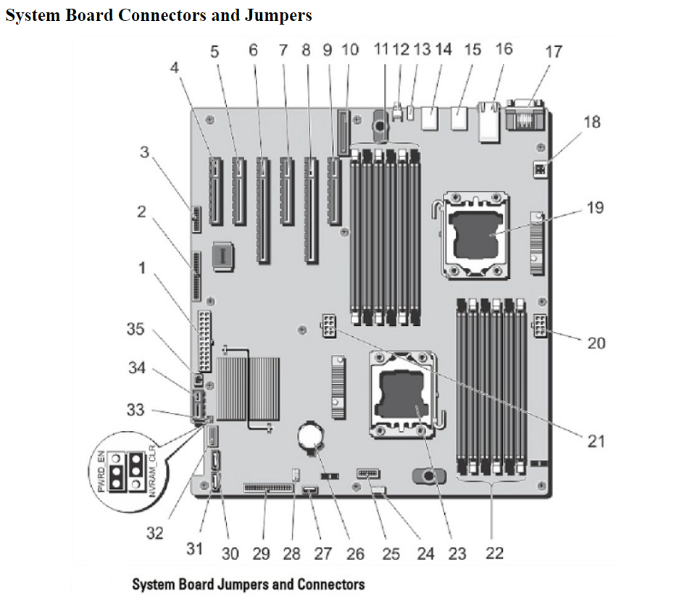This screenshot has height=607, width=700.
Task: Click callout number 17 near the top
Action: click(x=554, y=52)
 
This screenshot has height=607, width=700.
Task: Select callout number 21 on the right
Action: click(x=596, y=440)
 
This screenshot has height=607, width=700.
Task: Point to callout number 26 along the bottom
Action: click(x=355, y=554)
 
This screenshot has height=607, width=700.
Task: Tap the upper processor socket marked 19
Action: click(x=472, y=233)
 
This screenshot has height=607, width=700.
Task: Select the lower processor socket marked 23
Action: click(x=402, y=395)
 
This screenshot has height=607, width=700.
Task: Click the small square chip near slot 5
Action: click(x=224, y=255)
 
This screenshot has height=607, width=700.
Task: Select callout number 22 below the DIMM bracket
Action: click(x=494, y=553)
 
